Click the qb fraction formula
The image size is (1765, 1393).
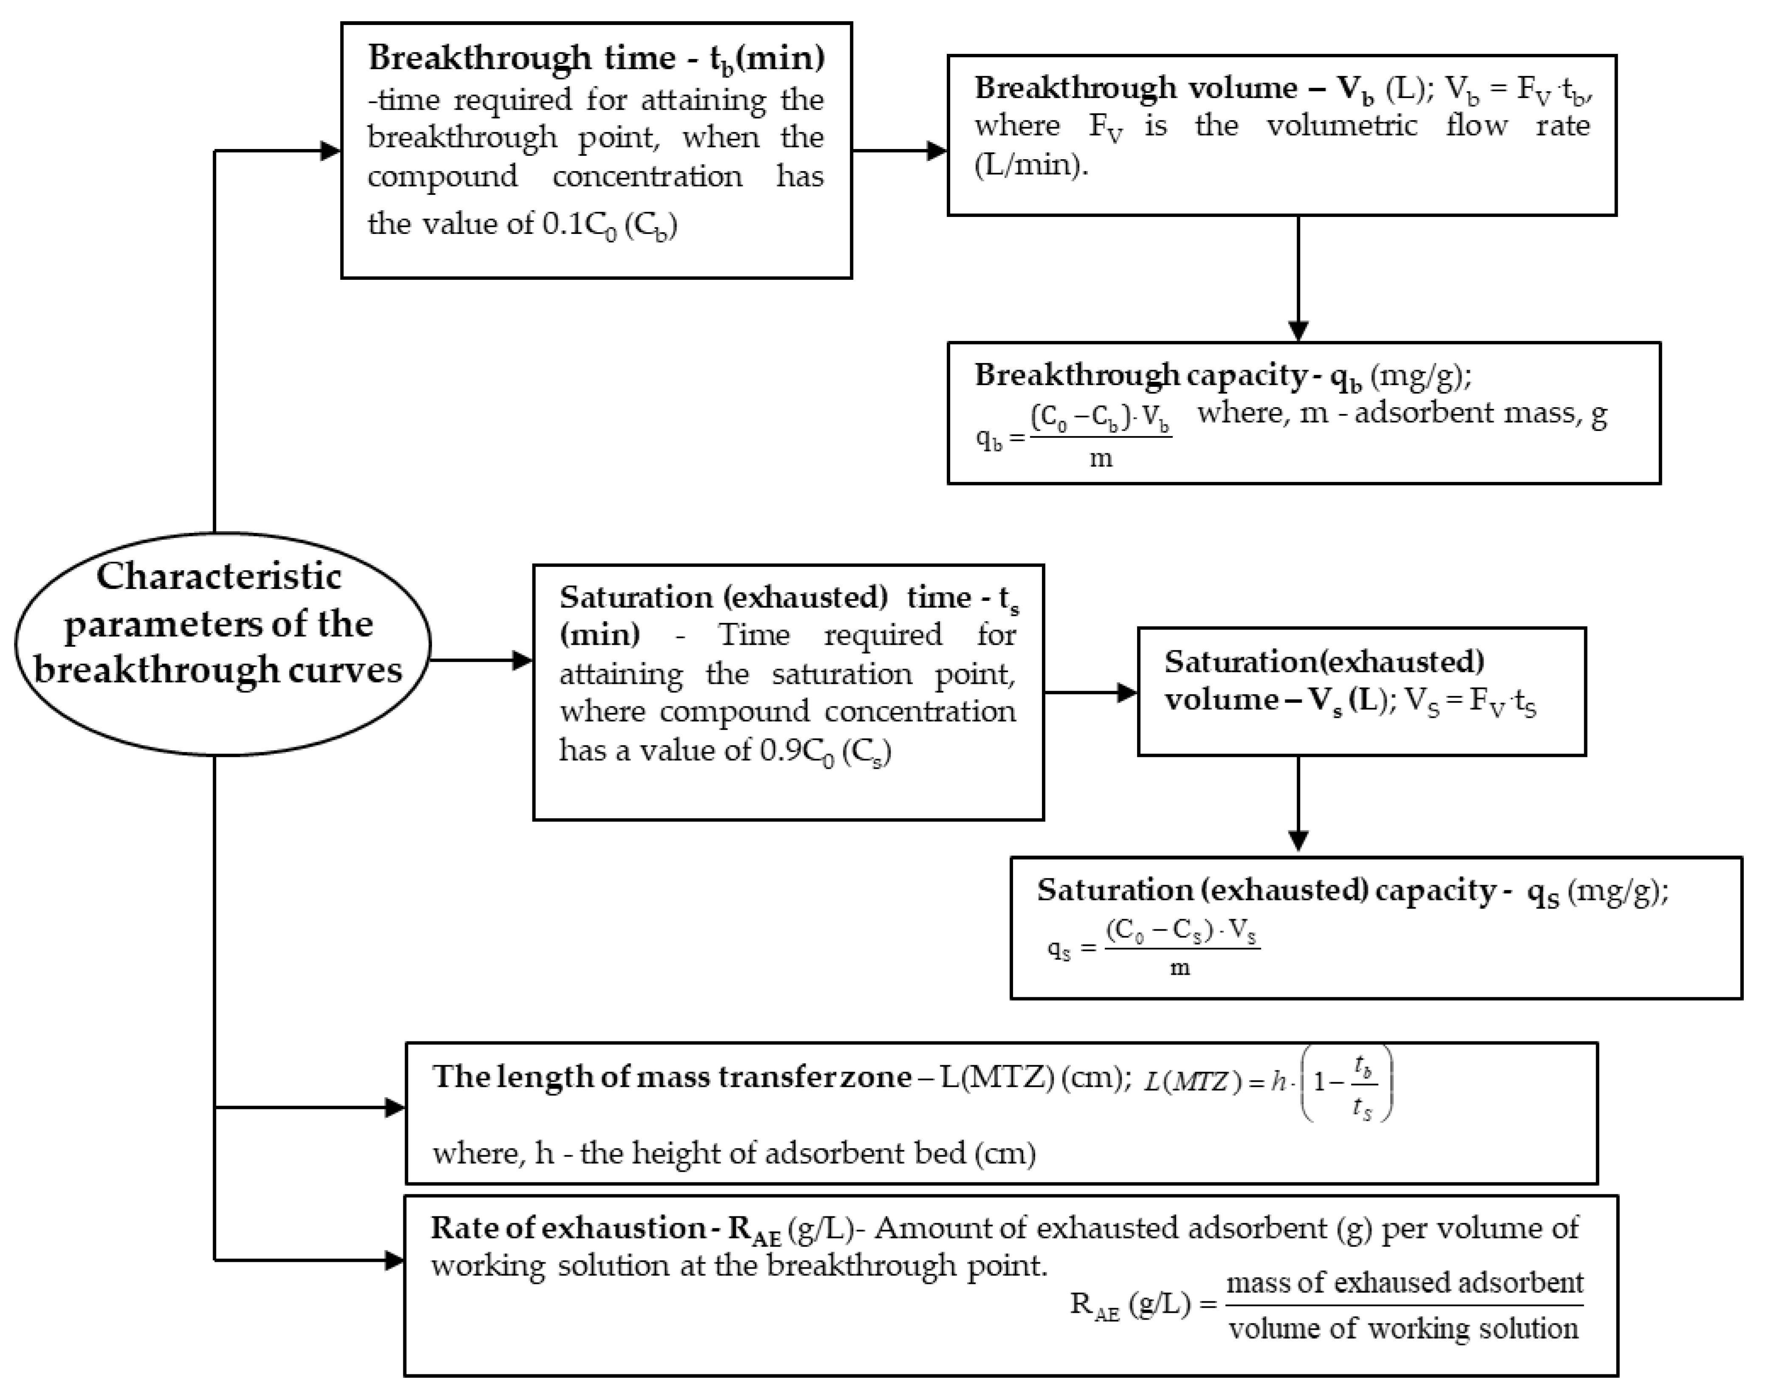coord(1074,436)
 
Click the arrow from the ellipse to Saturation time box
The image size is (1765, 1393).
coord(481,660)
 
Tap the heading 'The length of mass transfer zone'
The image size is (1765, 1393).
coord(671,1077)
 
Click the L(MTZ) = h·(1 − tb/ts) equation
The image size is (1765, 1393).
coord(1268,1083)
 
